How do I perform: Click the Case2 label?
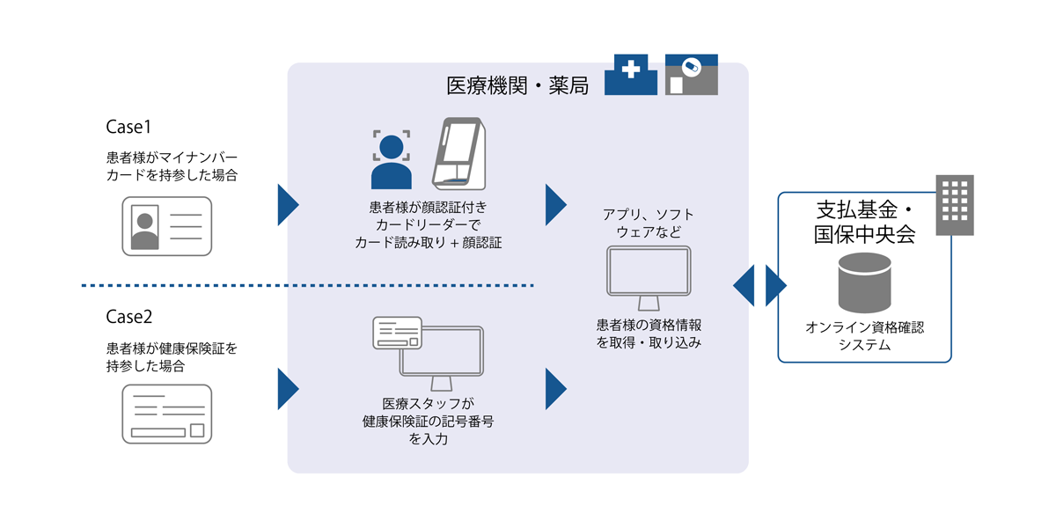(x=130, y=316)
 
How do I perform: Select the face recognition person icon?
(x=392, y=159)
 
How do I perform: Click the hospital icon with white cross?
(x=630, y=75)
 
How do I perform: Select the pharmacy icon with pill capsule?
(x=691, y=75)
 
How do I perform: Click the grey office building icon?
(x=954, y=205)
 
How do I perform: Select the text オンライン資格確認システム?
(x=865, y=336)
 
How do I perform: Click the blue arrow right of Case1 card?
(x=288, y=205)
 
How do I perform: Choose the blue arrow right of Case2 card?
(x=288, y=388)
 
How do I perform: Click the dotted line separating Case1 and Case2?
(x=308, y=285)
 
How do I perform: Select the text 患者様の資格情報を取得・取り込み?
(x=649, y=334)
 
